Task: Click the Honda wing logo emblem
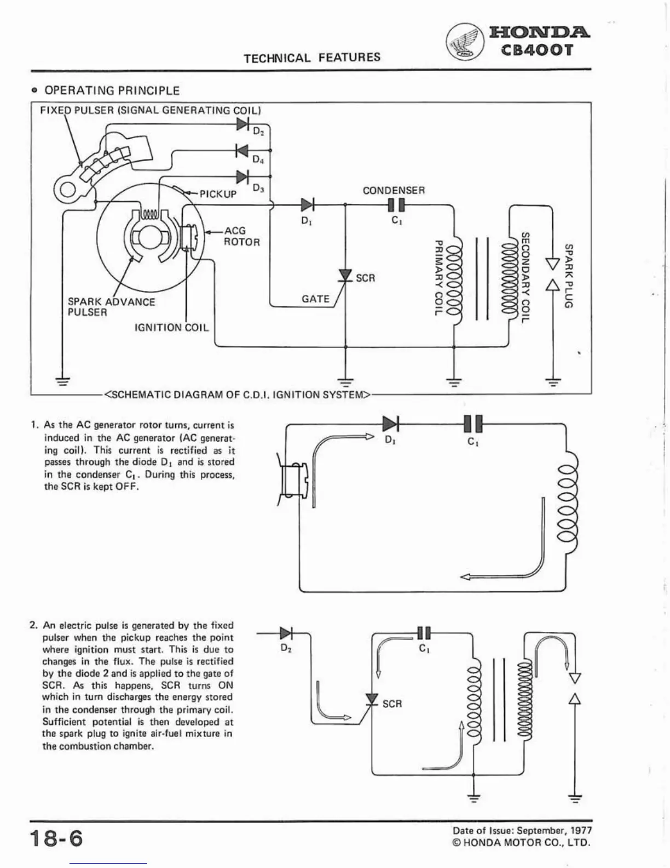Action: click(x=464, y=43)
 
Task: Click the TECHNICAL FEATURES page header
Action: click(x=312, y=58)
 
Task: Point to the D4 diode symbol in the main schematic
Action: click(x=241, y=150)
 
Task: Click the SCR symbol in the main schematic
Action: click(x=345, y=275)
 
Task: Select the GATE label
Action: click(x=315, y=299)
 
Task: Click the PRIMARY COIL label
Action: click(x=438, y=277)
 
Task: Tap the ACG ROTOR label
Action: click(x=241, y=236)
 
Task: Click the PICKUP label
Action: click(x=218, y=194)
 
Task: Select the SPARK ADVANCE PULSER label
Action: click(x=111, y=307)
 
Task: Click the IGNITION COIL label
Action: click(x=172, y=328)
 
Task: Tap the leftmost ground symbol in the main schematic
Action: click(x=63, y=380)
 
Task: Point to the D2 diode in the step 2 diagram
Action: click(x=286, y=633)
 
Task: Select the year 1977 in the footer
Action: click(x=580, y=831)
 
